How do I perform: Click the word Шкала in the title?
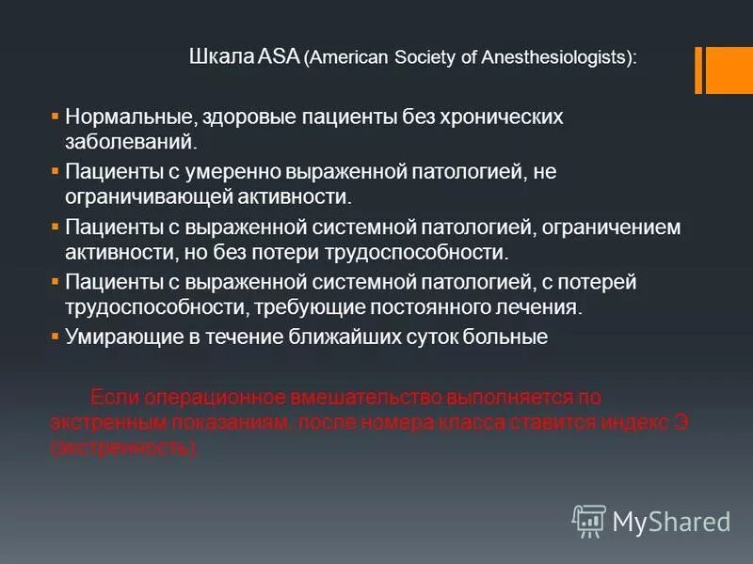[216, 57]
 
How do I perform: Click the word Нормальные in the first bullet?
[127, 117]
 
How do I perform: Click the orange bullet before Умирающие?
[55, 336]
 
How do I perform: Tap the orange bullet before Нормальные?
[55, 117]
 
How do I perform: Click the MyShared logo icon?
[589, 520]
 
